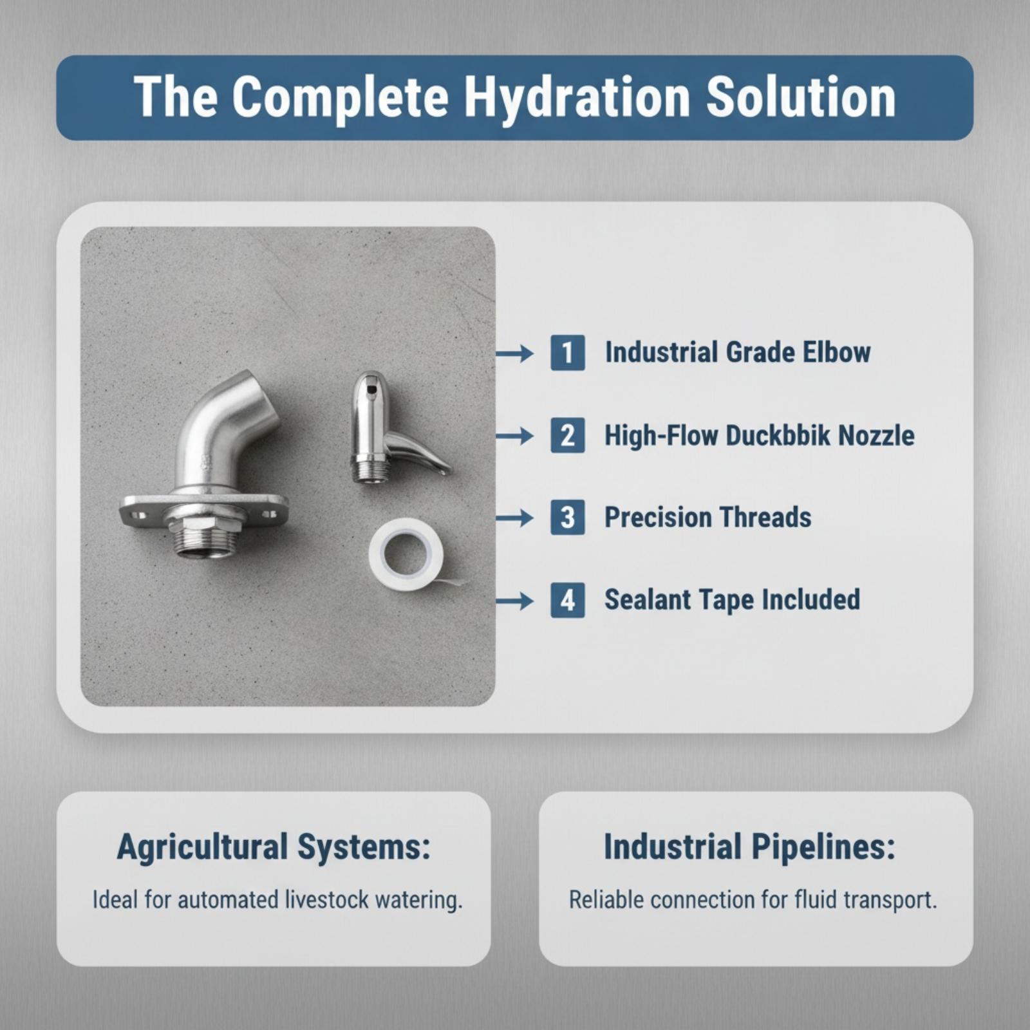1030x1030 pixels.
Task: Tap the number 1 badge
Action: [568, 353]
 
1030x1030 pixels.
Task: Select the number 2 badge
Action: [568, 435]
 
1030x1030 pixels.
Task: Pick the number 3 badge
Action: [568, 518]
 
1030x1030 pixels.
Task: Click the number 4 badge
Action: [568, 601]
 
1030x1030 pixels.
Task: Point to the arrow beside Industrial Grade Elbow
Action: [515, 353]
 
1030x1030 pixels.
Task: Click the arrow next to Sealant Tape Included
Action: [515, 601]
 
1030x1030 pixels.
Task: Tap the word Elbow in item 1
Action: [837, 352]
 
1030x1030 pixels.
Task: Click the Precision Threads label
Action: [707, 518]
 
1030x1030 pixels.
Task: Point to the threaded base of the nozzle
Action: [370, 468]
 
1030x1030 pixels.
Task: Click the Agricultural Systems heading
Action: [274, 847]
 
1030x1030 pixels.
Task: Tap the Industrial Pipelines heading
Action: [749, 847]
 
